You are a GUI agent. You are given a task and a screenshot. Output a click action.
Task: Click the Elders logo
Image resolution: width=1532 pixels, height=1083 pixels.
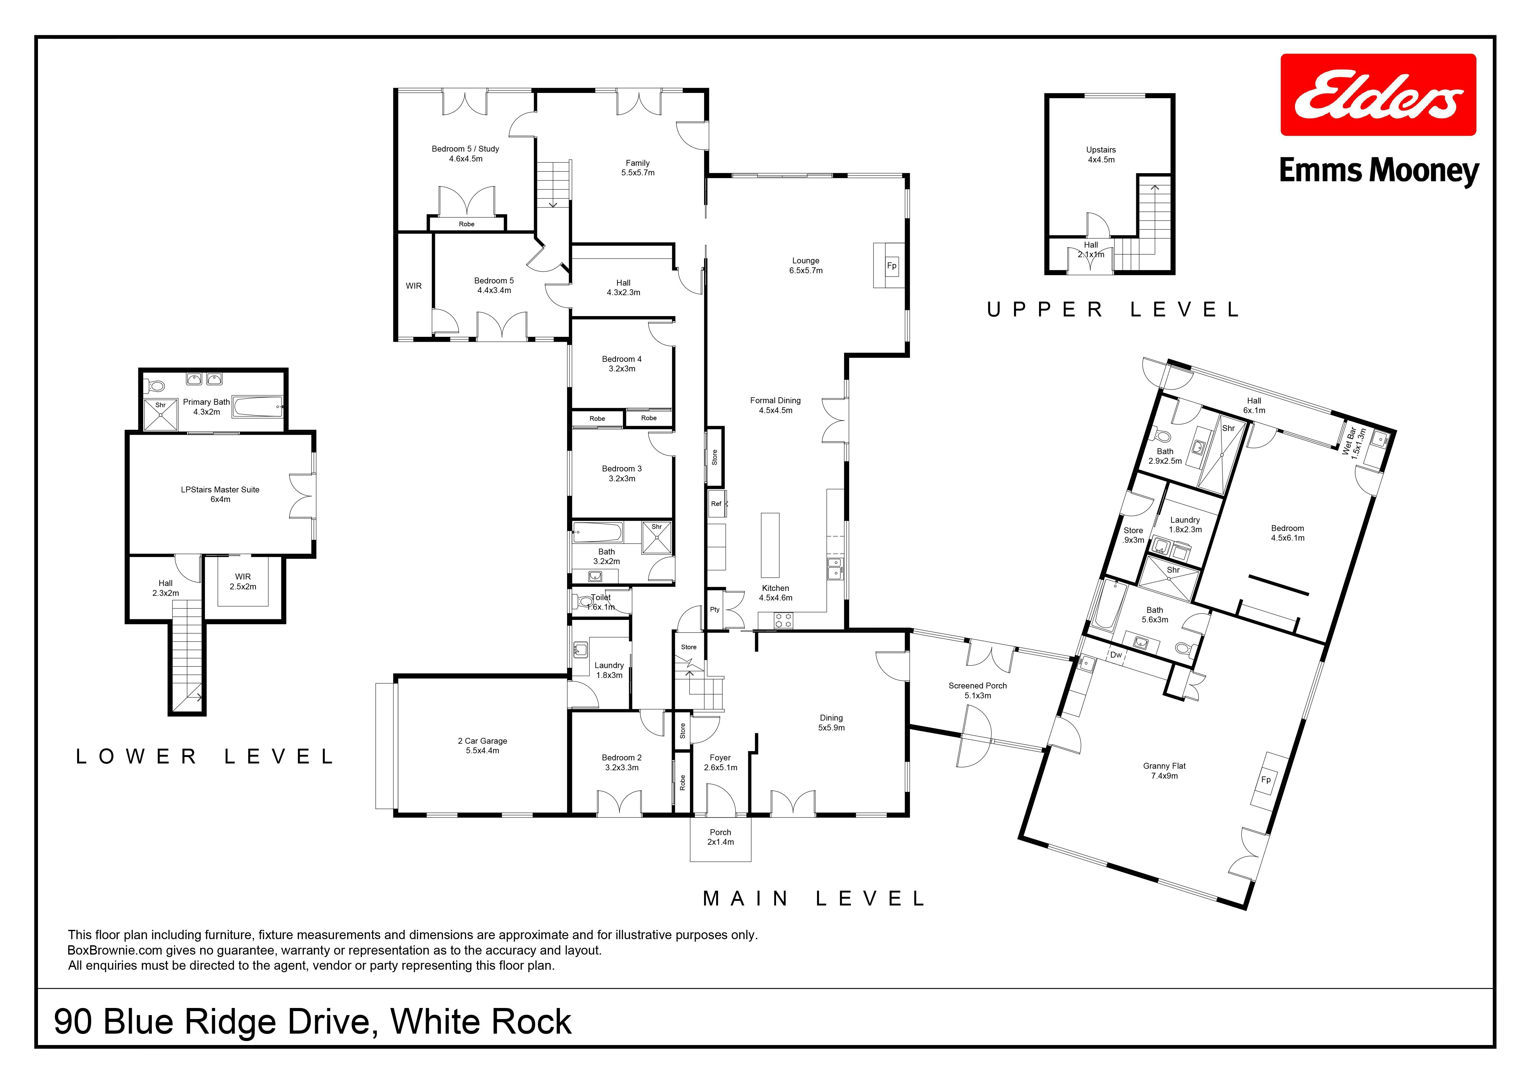1378,95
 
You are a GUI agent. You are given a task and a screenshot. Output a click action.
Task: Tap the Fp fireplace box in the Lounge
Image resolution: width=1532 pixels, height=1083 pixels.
891,266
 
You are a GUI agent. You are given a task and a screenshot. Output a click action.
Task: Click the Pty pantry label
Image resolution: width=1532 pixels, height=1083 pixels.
715,609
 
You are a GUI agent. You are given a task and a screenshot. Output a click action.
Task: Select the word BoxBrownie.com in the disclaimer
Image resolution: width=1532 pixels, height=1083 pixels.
115,950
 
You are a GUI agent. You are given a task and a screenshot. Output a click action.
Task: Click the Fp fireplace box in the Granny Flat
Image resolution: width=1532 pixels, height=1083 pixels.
1265,780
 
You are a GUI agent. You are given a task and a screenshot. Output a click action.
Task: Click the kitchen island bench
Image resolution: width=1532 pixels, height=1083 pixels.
771,545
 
